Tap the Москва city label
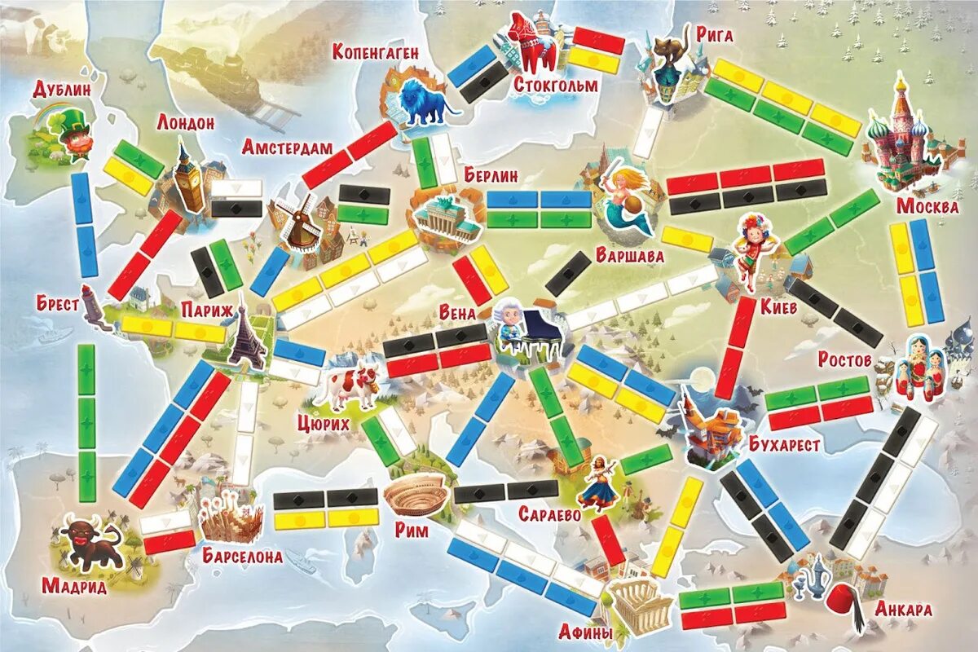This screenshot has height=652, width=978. (x=927, y=205)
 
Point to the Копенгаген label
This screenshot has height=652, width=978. (x=376, y=52)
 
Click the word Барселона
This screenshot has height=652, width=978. (x=244, y=557)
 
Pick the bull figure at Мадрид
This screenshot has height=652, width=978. (x=90, y=541)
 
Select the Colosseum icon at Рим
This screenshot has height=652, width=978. (x=416, y=493)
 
